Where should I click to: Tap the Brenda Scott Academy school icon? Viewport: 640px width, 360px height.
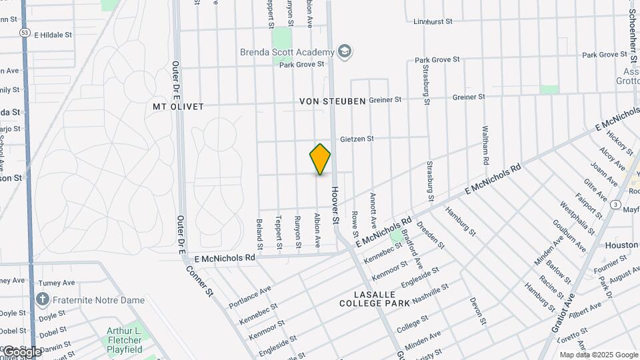(x=345, y=51)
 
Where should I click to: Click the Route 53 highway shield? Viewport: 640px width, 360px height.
(x=25, y=32)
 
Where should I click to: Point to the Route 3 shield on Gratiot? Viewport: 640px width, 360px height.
(x=615, y=203)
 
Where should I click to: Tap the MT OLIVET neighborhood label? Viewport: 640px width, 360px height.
(x=178, y=107)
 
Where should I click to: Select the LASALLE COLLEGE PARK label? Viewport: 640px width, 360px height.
(x=367, y=299)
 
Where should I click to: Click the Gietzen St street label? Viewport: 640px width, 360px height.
(x=357, y=139)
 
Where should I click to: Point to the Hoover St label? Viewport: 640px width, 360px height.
(x=335, y=205)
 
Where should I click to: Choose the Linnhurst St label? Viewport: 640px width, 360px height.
(x=433, y=21)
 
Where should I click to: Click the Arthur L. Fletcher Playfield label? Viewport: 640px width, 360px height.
(x=133, y=340)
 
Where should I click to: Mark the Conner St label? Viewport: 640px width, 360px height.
(x=201, y=279)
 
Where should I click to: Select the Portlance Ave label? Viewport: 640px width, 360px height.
(x=250, y=298)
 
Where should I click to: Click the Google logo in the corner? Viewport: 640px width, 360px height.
(x=20, y=351)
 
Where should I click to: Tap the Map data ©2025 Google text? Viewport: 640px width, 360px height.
(x=599, y=355)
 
